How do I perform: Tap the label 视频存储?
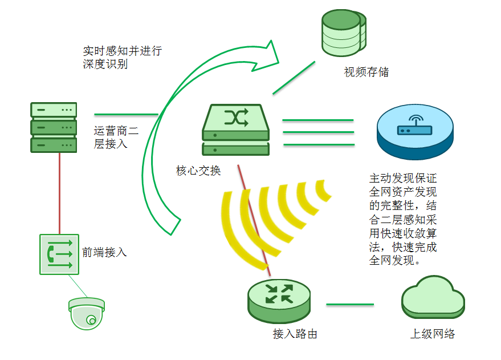(366, 72)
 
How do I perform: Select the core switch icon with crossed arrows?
(235, 130)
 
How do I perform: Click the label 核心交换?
(198, 171)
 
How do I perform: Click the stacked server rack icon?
(54, 127)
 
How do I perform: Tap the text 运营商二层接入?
(116, 137)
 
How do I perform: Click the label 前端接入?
(104, 252)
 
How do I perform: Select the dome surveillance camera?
(87, 313)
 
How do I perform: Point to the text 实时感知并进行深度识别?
(122, 58)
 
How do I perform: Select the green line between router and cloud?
(350, 305)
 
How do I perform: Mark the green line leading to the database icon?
(294, 78)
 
